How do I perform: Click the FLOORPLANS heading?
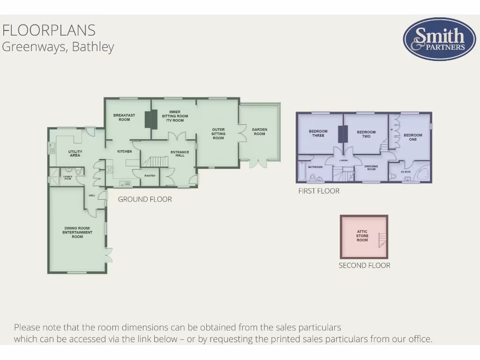[x=49, y=30]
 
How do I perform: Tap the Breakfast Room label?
[x=124, y=117]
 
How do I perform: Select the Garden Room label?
[x=259, y=132]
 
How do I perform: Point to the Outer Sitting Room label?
[x=218, y=134]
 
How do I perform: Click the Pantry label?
[x=150, y=176]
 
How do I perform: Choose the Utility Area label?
[x=75, y=153]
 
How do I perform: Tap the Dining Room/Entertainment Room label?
[x=77, y=232]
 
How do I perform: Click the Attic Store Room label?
[x=362, y=236]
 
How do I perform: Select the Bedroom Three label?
[x=318, y=134]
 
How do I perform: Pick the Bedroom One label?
[x=412, y=137]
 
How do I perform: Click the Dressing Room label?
[x=371, y=167]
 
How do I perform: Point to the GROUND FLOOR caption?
[x=145, y=199]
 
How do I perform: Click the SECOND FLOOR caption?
[x=364, y=265]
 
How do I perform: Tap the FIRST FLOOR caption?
[x=319, y=191]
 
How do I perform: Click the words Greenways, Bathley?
[x=58, y=47]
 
